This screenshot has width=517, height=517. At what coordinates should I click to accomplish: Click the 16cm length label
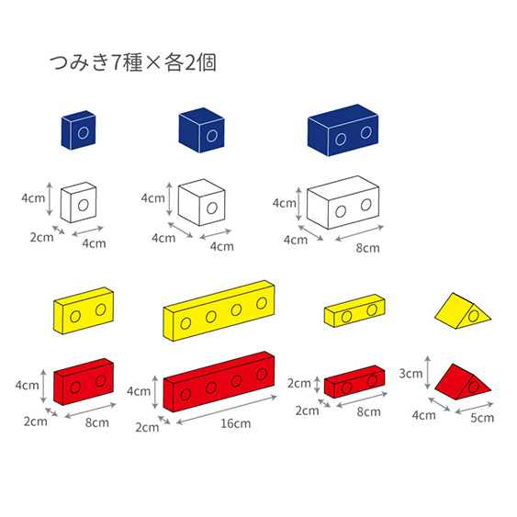(x=235, y=423)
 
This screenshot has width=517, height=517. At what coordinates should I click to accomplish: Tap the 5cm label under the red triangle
(x=482, y=418)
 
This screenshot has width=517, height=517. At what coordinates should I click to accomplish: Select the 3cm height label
(x=410, y=373)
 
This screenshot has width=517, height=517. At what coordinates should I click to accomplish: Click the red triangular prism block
(x=463, y=382)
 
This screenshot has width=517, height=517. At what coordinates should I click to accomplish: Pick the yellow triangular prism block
(x=463, y=310)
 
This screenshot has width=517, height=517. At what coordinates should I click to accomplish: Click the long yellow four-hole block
(x=219, y=310)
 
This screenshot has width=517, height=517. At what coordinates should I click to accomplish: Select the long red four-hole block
(x=219, y=381)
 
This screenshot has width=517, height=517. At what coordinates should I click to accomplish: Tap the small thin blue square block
(x=78, y=129)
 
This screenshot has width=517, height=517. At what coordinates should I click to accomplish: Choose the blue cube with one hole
(x=201, y=130)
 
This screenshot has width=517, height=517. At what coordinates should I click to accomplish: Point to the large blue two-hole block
(x=343, y=130)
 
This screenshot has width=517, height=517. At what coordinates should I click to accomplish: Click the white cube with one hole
(x=201, y=202)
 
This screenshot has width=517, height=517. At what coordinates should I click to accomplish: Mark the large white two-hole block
(x=343, y=202)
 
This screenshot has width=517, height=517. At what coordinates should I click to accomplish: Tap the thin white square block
(x=78, y=202)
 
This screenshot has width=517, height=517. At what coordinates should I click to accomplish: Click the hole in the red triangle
(x=474, y=387)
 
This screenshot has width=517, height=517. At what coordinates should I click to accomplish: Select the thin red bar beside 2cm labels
(x=354, y=381)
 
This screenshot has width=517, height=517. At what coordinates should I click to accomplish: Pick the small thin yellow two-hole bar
(x=354, y=310)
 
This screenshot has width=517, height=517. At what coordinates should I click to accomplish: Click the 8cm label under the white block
(x=367, y=248)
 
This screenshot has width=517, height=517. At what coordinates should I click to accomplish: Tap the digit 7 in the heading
(x=117, y=62)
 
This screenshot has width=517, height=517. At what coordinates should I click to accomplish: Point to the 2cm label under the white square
(x=42, y=237)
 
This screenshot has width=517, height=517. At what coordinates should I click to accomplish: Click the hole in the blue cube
(x=212, y=136)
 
